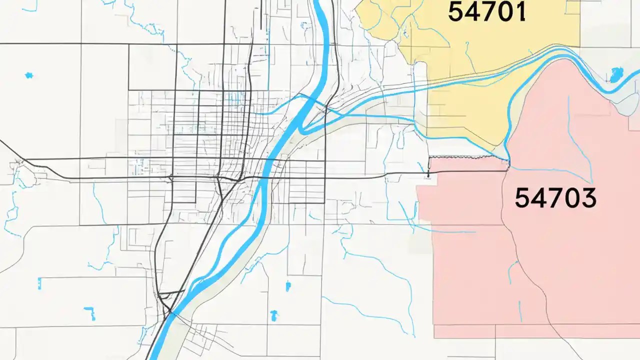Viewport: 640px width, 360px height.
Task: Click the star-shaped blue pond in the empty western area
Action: point(29,75)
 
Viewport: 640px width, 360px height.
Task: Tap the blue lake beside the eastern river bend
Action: point(615,75)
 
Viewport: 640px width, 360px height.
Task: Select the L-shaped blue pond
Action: point(90,313)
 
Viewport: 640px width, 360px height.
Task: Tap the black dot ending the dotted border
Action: point(428,176)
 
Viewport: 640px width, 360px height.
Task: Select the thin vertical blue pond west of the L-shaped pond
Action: point(39,283)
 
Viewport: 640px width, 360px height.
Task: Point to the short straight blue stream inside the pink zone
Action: point(520,310)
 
